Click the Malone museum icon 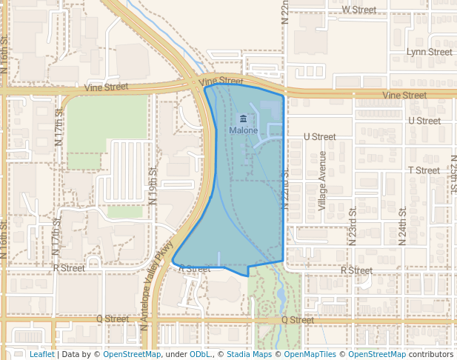pyautogui.click(x=243, y=119)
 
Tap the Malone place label pyautogui.click(x=243, y=130)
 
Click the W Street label pyautogui.click(x=360, y=10)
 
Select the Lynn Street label pyautogui.click(x=430, y=52)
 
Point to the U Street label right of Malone pyautogui.click(x=320, y=136)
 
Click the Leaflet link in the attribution pyautogui.click(x=41, y=354)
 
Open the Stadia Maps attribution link pyautogui.click(x=249, y=354)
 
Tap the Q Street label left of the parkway pyautogui.click(x=113, y=319)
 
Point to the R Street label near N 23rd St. pyautogui.click(x=356, y=270)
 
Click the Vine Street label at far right pyautogui.click(x=404, y=96)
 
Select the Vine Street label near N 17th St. pyautogui.click(x=106, y=87)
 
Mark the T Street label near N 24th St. pyautogui.click(x=424, y=170)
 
